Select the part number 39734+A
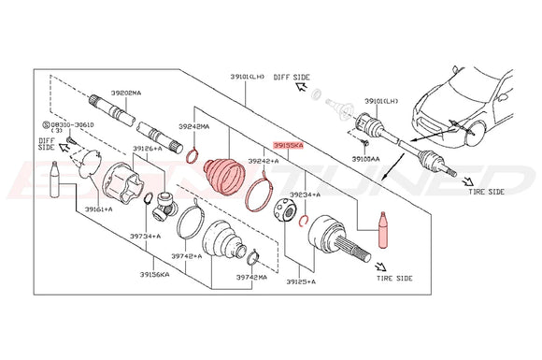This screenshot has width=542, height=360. click(x=145, y=238)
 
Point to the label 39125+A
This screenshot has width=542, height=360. click(x=302, y=281)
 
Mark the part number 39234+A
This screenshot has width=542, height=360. click(x=304, y=194)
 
